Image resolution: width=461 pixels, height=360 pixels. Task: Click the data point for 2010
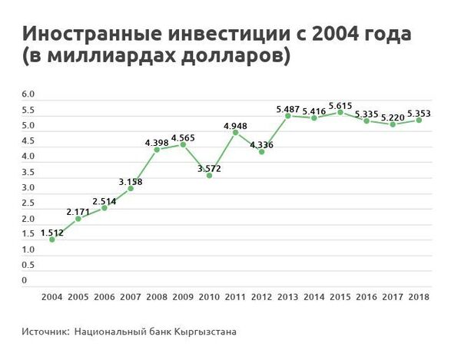209,175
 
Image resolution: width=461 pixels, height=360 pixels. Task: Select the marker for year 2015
340,112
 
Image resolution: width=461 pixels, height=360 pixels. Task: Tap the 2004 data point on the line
52,239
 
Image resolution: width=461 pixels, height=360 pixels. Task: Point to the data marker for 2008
157,150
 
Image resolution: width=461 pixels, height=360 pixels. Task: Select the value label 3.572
209,167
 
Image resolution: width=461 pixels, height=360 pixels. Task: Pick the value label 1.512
51,232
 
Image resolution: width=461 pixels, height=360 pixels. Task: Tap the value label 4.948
235,125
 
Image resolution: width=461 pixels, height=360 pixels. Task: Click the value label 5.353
418,113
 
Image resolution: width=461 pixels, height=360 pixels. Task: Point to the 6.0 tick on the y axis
28,94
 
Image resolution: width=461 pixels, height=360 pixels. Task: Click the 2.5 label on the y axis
28,203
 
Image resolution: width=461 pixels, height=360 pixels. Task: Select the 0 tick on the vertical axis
25,281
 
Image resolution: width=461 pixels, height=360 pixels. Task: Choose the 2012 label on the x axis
261,296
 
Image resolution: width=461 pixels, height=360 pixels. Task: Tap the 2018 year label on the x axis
418,296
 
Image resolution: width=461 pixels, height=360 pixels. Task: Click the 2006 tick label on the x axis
104,296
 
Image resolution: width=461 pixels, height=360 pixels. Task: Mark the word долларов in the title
230,57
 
